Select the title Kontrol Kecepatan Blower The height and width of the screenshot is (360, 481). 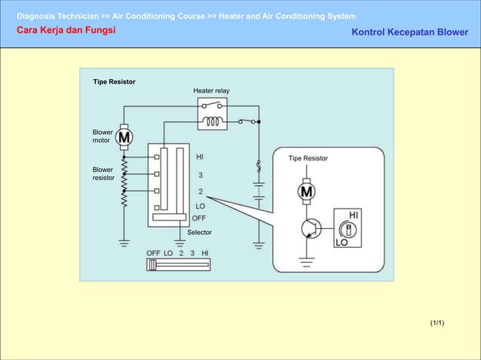click(x=410, y=32)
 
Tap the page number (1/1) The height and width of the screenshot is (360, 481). click(x=437, y=323)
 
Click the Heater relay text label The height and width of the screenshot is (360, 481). click(x=211, y=90)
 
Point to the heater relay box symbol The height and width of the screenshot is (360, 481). click(x=213, y=114)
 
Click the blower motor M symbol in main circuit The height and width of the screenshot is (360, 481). click(x=124, y=137)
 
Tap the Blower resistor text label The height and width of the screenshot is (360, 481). click(x=103, y=173)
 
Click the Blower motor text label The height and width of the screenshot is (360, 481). click(x=103, y=136)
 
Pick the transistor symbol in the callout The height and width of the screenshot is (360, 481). click(x=309, y=228)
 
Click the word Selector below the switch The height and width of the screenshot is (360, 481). click(x=199, y=233)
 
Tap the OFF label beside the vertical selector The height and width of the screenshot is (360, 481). click(x=200, y=218)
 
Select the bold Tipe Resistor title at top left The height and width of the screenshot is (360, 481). click(x=114, y=81)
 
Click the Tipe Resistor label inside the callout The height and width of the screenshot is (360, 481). click(x=308, y=158)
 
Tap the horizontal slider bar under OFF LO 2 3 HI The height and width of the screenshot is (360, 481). click(x=178, y=264)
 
